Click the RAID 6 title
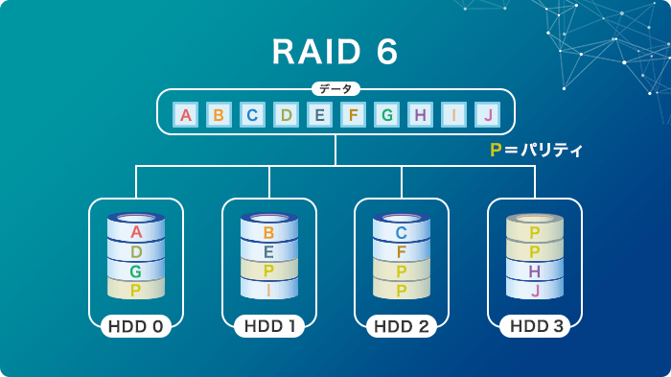coord(335,53)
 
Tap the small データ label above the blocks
coord(335,89)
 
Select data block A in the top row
coord(186,116)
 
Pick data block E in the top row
coord(320,116)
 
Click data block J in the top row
coord(488,116)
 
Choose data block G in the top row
coord(387,116)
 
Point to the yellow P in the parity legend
coord(496,151)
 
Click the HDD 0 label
coord(135,326)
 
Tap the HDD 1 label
coord(268,326)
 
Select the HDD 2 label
coord(402,326)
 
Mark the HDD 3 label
coord(535,326)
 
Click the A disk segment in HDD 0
coord(136,232)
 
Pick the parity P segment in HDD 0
coord(136,290)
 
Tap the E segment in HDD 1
coord(269,252)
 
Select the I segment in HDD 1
coord(269,290)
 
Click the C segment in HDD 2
coord(402,232)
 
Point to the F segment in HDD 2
coord(402,252)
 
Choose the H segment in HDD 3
coord(535,271)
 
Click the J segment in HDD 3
coord(535,290)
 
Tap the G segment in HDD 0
coord(136,271)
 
